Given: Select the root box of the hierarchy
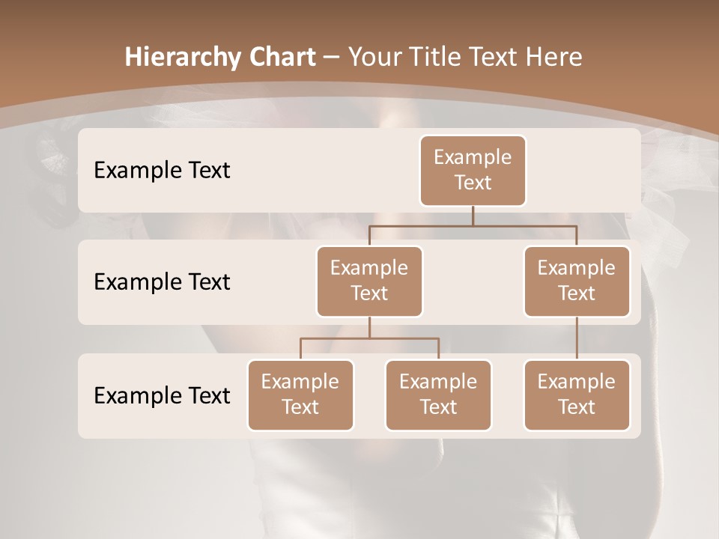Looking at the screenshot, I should (x=473, y=170).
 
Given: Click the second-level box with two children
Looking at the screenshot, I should (x=369, y=281).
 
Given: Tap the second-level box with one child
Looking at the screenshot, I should (x=577, y=281).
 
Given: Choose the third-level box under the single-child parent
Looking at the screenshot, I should (x=577, y=395).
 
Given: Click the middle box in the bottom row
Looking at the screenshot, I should (x=438, y=395).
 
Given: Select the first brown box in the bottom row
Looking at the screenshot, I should (x=300, y=395).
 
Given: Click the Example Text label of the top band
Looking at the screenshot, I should (x=162, y=170).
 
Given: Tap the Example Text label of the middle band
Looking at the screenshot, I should (x=162, y=281).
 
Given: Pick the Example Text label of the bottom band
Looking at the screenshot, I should (x=162, y=395).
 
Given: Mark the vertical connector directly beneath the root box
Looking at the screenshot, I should (x=473, y=216).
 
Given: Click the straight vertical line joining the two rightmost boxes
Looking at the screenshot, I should (x=577, y=338).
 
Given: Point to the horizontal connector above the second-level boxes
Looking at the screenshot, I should (x=473, y=225).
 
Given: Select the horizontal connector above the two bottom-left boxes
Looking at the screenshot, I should (x=369, y=338).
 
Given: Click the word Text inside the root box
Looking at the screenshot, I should (x=473, y=183).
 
